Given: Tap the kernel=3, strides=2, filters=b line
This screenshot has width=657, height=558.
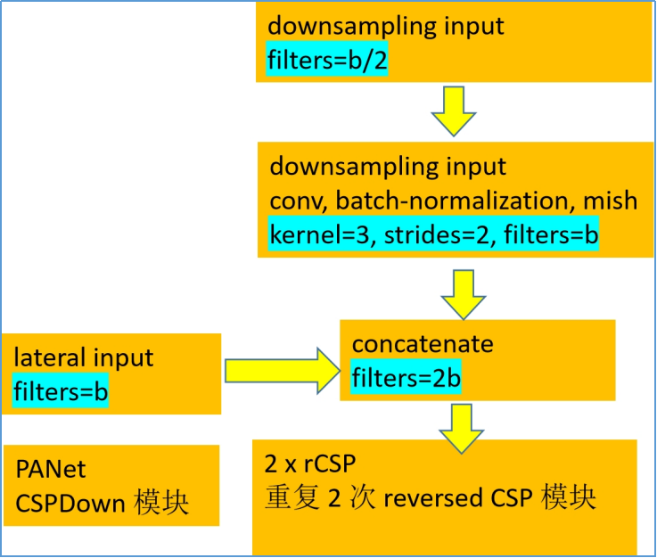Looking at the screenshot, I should [434, 234].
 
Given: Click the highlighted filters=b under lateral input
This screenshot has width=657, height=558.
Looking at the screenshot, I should [61, 391].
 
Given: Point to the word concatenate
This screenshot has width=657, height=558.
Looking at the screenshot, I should [423, 344].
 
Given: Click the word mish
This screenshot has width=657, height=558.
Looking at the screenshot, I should [611, 201].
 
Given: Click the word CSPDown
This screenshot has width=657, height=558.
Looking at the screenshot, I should [70, 502].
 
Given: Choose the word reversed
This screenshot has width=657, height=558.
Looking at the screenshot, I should [433, 497].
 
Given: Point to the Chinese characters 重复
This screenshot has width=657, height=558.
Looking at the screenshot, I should [288, 497].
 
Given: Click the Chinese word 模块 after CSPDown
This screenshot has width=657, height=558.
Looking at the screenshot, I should [161, 502].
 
